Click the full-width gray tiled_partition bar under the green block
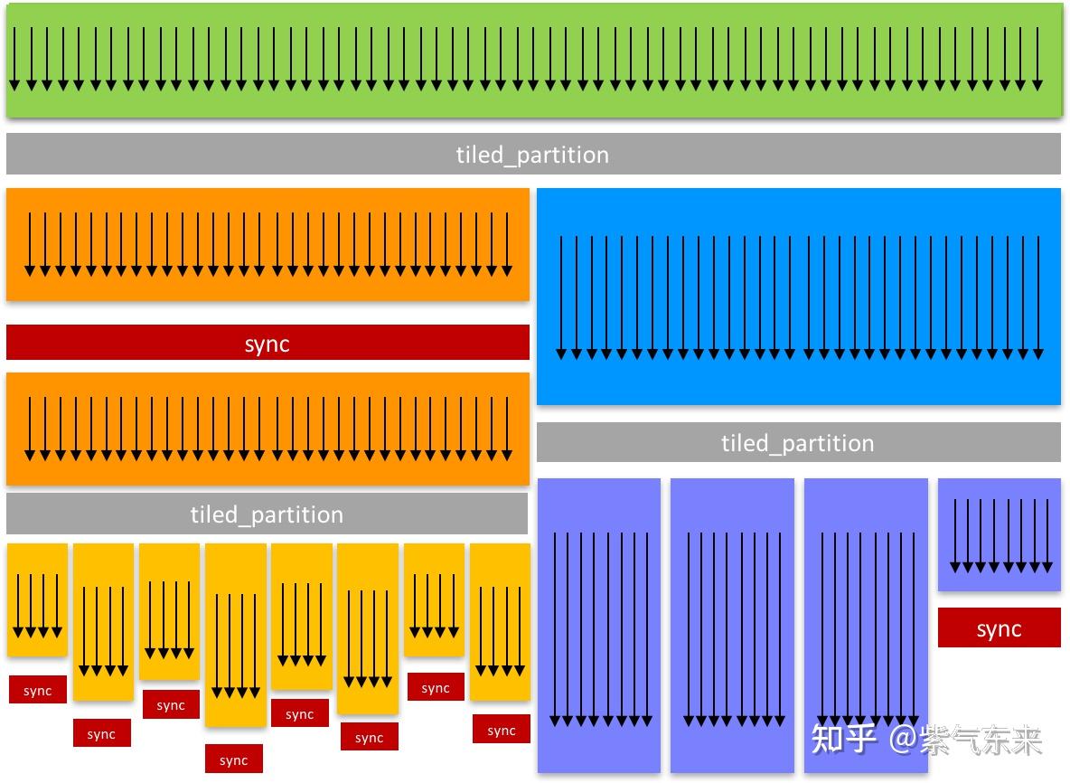[x=533, y=154]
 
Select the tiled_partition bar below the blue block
[x=798, y=442]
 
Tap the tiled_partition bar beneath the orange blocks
[x=267, y=514]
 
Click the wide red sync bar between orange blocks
[x=267, y=343]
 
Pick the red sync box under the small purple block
[x=999, y=627]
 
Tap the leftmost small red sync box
[x=38, y=690]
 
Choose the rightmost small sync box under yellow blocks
[x=501, y=730]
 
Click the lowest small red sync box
[x=233, y=759]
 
